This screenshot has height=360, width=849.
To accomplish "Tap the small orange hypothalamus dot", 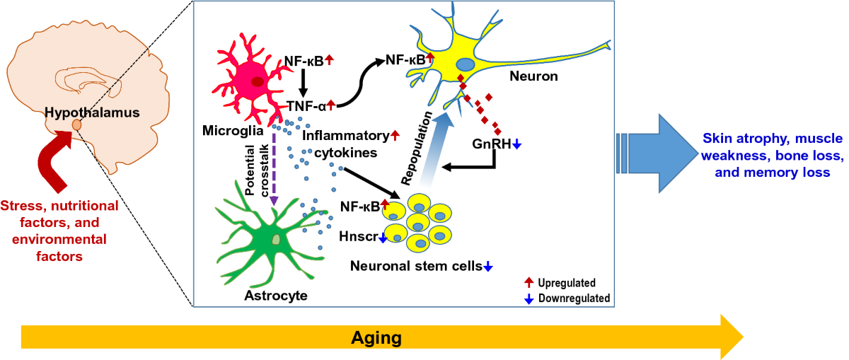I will (x=77, y=126).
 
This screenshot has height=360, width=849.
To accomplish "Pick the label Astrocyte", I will (x=276, y=295).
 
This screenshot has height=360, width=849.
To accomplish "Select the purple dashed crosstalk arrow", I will (x=274, y=170).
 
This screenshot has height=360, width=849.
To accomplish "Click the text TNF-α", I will (x=306, y=106).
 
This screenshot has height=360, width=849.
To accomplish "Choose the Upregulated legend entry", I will (x=567, y=283).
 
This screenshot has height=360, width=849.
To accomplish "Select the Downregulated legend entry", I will (x=573, y=298).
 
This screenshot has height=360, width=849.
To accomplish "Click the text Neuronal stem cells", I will (x=417, y=266).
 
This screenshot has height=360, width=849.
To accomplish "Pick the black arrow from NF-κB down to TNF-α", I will (x=304, y=81).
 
